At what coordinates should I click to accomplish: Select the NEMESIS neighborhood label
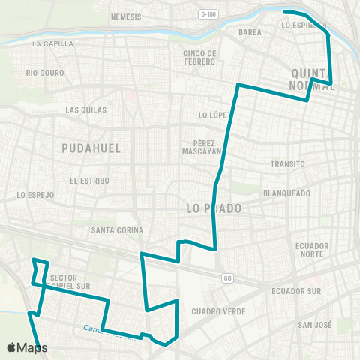pyautogui.click(x=125, y=16)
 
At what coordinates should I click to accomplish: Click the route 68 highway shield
pyautogui.click(x=226, y=278)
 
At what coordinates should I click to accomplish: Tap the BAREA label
pyautogui.click(x=250, y=33)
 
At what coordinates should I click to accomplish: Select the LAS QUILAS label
pyautogui.click(x=86, y=110)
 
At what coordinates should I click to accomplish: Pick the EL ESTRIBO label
pyautogui.click(x=89, y=181)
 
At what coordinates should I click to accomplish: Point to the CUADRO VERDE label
pyautogui.click(x=214, y=311)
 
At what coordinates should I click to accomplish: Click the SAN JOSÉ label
pyautogui.click(x=315, y=325)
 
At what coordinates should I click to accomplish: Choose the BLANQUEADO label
pyautogui.click(x=286, y=193)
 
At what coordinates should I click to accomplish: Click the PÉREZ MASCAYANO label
pyautogui.click(x=199, y=147)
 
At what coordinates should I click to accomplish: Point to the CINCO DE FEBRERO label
pyautogui.click(x=199, y=58)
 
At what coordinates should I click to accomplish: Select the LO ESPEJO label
pyautogui.click(x=35, y=195)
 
